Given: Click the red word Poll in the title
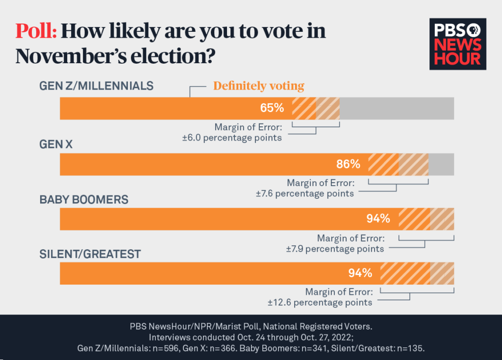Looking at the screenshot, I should click(x=36, y=31).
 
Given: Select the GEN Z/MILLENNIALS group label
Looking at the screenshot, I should click(x=96, y=86).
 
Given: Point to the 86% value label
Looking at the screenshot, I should click(x=349, y=164).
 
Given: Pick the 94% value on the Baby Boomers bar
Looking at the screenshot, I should click(x=378, y=218).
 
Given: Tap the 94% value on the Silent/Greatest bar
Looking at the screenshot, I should click(x=360, y=273).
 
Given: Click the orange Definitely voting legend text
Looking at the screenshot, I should click(x=258, y=86).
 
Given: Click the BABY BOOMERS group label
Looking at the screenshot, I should click(x=84, y=200).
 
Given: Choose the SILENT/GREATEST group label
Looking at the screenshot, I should click(x=90, y=254).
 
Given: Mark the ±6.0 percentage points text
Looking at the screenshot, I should click(x=232, y=138).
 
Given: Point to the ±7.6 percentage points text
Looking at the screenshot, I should click(x=304, y=193).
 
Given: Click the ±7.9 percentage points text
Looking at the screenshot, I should click(x=335, y=248).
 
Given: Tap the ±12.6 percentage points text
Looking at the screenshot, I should click(x=320, y=302).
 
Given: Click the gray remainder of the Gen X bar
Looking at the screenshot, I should click(x=441, y=164).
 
